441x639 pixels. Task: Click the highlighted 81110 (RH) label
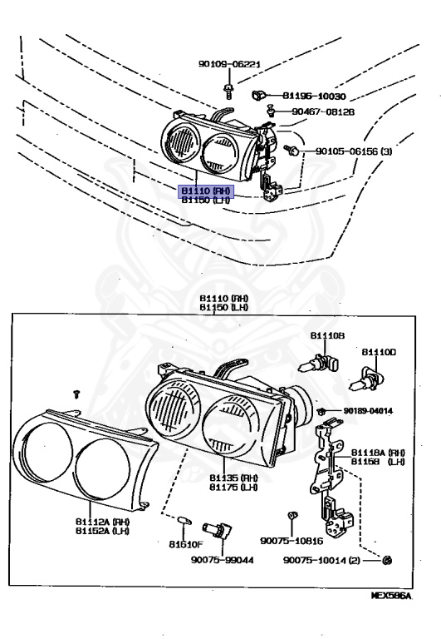[207, 191]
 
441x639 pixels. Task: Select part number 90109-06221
[230, 63]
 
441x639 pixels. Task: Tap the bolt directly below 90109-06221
[230, 86]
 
